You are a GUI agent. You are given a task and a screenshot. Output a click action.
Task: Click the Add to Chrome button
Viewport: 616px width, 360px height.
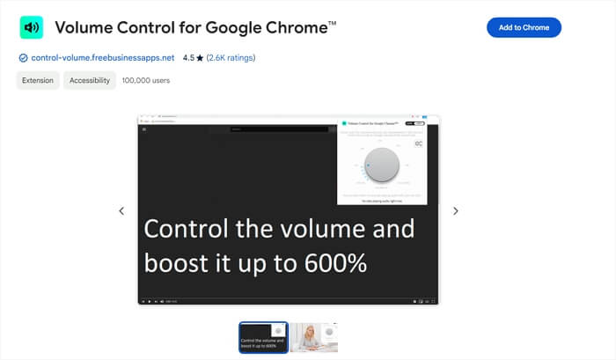click(x=524, y=27)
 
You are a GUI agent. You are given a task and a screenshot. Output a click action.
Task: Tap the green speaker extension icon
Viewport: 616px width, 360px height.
click(x=32, y=27)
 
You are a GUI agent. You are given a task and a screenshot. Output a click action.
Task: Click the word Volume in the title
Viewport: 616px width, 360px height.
click(x=84, y=27)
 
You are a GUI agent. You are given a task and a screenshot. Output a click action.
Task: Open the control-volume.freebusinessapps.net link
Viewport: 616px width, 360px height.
click(x=102, y=58)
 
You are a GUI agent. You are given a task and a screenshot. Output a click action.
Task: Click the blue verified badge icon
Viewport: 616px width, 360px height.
click(x=23, y=58)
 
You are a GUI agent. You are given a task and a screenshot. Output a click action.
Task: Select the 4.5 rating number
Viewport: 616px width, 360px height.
click(x=188, y=58)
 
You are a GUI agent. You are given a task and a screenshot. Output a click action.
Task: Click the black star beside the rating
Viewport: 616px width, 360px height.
click(x=201, y=58)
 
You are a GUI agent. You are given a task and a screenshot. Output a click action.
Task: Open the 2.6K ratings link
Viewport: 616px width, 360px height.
click(x=231, y=58)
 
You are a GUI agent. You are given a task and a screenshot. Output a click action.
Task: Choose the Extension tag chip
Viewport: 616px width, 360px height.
click(x=38, y=80)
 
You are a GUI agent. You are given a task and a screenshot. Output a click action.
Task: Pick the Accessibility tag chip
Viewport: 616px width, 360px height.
click(x=90, y=80)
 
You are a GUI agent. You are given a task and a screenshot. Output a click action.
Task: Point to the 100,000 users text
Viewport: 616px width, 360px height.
click(x=146, y=80)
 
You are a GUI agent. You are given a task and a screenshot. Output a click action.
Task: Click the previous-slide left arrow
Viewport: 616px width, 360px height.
click(x=121, y=211)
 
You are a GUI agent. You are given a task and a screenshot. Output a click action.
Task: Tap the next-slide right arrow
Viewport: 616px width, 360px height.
click(x=456, y=211)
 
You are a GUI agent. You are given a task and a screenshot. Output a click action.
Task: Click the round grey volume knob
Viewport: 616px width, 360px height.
click(x=382, y=165)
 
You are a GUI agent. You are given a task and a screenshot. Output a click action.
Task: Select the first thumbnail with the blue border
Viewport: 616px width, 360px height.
click(x=263, y=337)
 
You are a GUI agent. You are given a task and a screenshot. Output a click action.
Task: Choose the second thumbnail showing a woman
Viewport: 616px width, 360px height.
click(x=314, y=337)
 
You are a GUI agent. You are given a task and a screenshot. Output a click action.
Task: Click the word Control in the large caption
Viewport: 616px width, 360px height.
click(x=182, y=230)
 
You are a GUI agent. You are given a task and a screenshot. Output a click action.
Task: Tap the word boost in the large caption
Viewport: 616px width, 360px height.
click(x=175, y=262)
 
